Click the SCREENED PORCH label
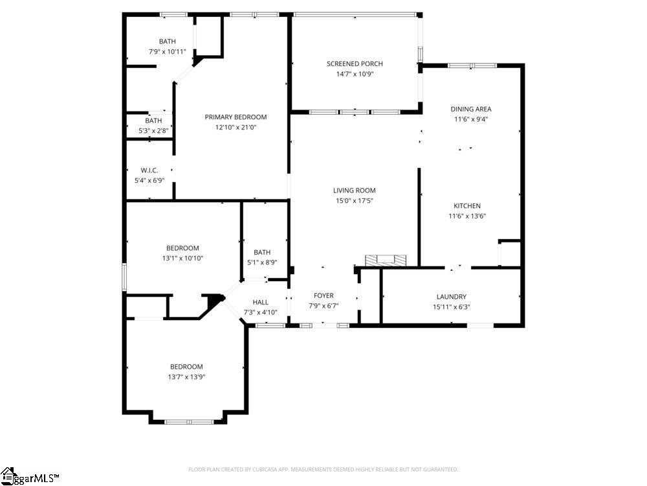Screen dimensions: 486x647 (x=355, y=64)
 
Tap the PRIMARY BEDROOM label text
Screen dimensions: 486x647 (x=236, y=117)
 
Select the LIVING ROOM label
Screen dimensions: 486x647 (x=354, y=191)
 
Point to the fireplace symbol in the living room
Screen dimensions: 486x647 (x=386, y=260)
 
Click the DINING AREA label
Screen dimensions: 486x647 (x=470, y=109)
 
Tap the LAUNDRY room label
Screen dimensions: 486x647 (x=451, y=297)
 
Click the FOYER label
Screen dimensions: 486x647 (x=323, y=295)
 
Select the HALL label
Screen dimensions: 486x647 (x=260, y=302)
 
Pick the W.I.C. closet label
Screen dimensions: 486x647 (x=149, y=170)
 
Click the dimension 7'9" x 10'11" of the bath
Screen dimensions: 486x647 (x=167, y=52)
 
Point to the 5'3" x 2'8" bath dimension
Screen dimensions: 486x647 (x=153, y=131)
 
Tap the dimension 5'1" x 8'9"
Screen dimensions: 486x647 (x=262, y=262)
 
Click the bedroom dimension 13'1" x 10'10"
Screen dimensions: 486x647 (x=182, y=259)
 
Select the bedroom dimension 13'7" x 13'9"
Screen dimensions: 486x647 (x=186, y=376)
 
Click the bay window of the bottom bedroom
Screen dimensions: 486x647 (x=188, y=422)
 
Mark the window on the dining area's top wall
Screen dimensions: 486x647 (x=472, y=65)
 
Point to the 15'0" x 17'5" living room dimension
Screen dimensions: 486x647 (x=354, y=201)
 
